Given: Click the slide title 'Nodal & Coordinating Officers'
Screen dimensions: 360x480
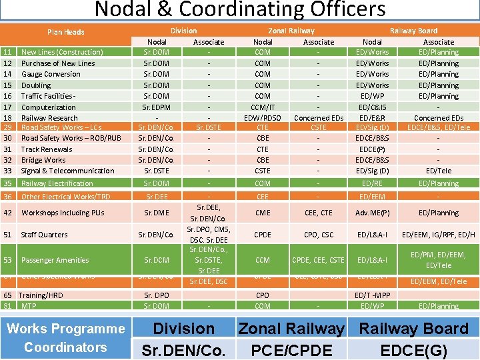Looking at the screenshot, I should [240, 10].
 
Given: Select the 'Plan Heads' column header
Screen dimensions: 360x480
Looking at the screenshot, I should [65, 32].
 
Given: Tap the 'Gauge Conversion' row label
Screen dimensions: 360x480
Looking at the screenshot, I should [51, 74].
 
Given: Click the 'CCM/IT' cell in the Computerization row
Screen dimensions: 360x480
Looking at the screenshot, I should [263, 107].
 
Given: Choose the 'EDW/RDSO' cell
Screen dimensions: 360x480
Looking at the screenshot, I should [263, 118].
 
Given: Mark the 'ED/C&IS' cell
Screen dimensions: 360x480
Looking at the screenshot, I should [372, 107].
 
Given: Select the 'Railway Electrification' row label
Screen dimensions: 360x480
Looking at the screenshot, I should [57, 183].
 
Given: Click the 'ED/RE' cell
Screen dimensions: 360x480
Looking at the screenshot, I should [372, 183].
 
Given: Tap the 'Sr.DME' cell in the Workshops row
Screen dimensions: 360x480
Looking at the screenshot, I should [157, 213].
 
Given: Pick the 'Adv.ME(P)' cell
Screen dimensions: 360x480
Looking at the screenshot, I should [372, 213].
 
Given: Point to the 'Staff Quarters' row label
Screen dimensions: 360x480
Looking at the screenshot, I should [45, 235].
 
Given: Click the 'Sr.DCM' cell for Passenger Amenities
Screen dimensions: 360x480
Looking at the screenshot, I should [157, 260].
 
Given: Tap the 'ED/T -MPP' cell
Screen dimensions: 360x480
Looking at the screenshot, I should [372, 295].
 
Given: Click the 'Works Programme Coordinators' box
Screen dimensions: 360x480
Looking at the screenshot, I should [65, 337].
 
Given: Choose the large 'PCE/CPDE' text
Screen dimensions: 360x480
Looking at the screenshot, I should [291, 349].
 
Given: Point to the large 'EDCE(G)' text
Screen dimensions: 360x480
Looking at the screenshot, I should [413, 349].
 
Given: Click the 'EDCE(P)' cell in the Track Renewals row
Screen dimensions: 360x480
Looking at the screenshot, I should [372, 149].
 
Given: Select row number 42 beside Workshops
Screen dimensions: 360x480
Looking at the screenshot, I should [8, 213].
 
